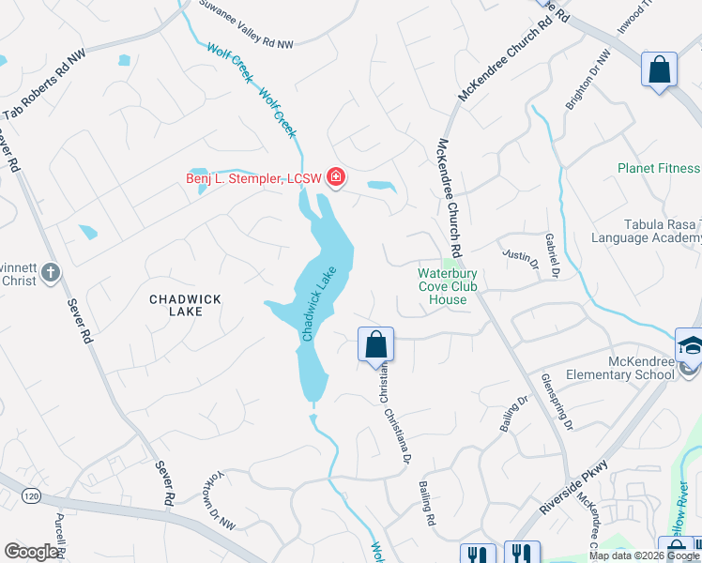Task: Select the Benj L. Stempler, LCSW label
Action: pyautogui.click(x=253, y=178)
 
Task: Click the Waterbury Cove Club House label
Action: pyautogui.click(x=448, y=286)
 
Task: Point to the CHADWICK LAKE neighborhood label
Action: pyautogui.click(x=186, y=306)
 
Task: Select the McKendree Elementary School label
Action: pyautogui.click(x=619, y=368)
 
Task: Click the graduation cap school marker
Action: pyautogui.click(x=690, y=344)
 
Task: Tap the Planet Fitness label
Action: pyautogui.click(x=659, y=169)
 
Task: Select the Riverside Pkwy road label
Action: pyautogui.click(x=575, y=487)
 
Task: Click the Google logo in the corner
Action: pyautogui.click(x=32, y=552)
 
